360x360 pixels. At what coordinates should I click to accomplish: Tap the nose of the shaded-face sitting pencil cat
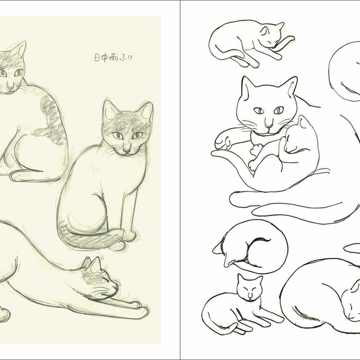coord(127,148)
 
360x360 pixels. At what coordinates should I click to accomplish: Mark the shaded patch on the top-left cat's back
coord(53,115)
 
